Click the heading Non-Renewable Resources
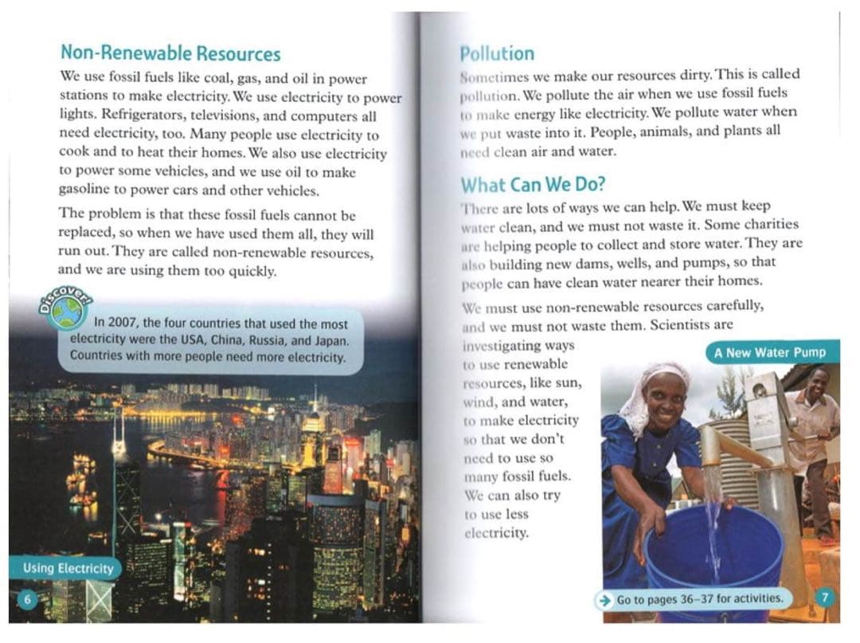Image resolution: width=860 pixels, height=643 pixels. [170, 54]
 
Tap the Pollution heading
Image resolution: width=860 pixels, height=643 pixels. [497, 54]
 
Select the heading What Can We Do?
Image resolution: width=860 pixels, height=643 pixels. [533, 185]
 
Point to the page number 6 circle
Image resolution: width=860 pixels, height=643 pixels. [26, 600]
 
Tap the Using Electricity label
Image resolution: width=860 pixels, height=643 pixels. [68, 568]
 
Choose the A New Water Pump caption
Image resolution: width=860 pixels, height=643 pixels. [769, 352]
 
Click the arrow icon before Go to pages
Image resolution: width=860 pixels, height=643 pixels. [606, 598]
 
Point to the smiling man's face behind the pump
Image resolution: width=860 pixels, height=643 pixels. [818, 385]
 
